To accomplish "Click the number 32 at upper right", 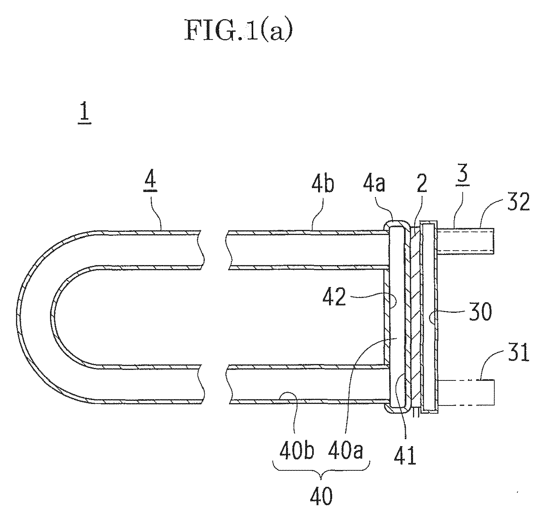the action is [519, 201].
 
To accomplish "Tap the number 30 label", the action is [480, 312].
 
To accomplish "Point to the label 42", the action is [334, 296].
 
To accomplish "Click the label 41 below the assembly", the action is [405, 456].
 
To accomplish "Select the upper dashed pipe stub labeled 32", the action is [465, 241].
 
